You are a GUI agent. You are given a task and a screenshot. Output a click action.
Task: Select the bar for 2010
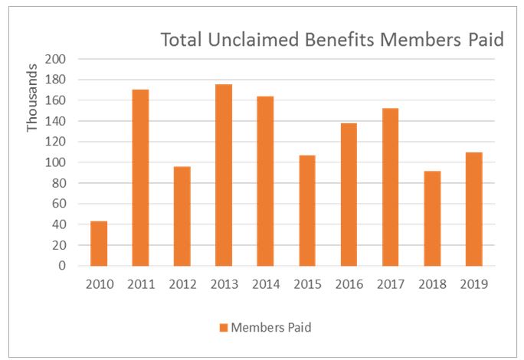pyautogui.click(x=99, y=244)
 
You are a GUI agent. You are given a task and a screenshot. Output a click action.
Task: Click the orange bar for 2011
pyautogui.click(x=140, y=178)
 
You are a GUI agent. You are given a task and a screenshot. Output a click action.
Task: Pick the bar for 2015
pyautogui.click(x=306, y=211)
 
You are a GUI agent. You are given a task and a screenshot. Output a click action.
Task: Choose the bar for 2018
pyautogui.click(x=431, y=218)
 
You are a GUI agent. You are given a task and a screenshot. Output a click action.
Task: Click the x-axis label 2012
pyautogui.click(x=182, y=283)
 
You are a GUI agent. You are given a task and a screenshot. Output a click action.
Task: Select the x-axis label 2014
pyautogui.click(x=265, y=283)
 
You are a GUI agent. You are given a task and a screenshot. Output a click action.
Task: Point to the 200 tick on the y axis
pyautogui.click(x=57, y=59)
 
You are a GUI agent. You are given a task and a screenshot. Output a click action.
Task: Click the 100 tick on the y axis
pyautogui.click(x=57, y=162)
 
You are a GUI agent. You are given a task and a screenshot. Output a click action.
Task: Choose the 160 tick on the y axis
pyautogui.click(x=57, y=100)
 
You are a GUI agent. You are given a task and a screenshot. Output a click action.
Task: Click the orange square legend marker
pyautogui.click(x=223, y=328)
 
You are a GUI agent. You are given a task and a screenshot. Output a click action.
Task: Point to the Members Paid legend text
pyautogui.click(x=271, y=328)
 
